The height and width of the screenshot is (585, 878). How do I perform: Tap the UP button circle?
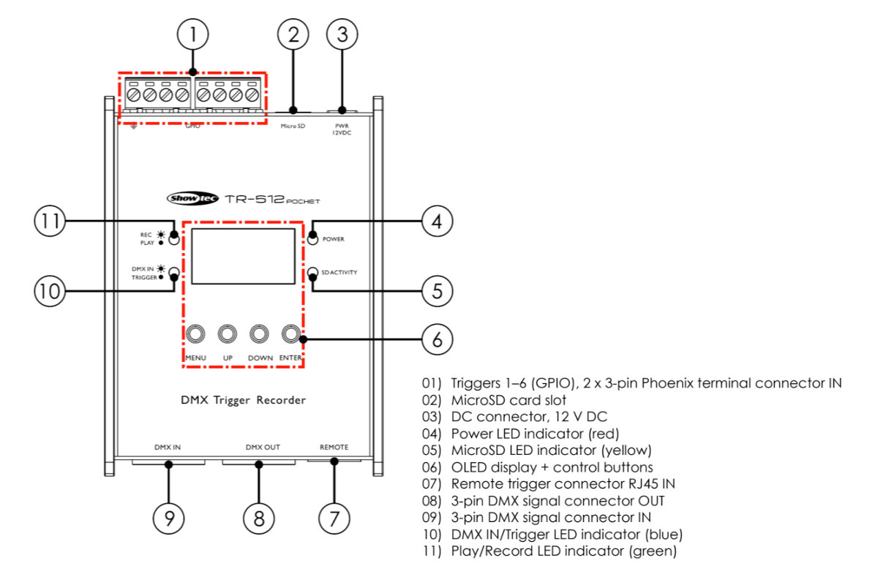click(x=228, y=335)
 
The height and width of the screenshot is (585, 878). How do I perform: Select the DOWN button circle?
click(x=260, y=335)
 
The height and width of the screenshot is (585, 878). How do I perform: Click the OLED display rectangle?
click(x=243, y=256)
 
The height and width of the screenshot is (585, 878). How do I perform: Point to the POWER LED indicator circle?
click(x=312, y=239)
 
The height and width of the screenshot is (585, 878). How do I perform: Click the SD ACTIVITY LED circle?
click(x=312, y=273)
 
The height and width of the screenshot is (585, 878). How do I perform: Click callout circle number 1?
click(x=192, y=34)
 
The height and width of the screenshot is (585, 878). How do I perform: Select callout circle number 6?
click(x=437, y=339)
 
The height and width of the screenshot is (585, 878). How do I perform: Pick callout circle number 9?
click(x=169, y=517)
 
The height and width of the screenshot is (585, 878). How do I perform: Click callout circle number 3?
click(x=342, y=34)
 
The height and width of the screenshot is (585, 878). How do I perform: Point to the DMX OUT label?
click(x=262, y=447)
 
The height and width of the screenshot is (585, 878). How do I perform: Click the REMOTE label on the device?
click(x=334, y=447)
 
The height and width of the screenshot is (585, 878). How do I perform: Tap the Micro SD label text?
click(x=293, y=126)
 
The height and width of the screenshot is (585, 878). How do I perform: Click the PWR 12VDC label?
click(x=342, y=129)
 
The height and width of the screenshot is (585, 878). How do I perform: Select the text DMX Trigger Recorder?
click(x=243, y=400)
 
